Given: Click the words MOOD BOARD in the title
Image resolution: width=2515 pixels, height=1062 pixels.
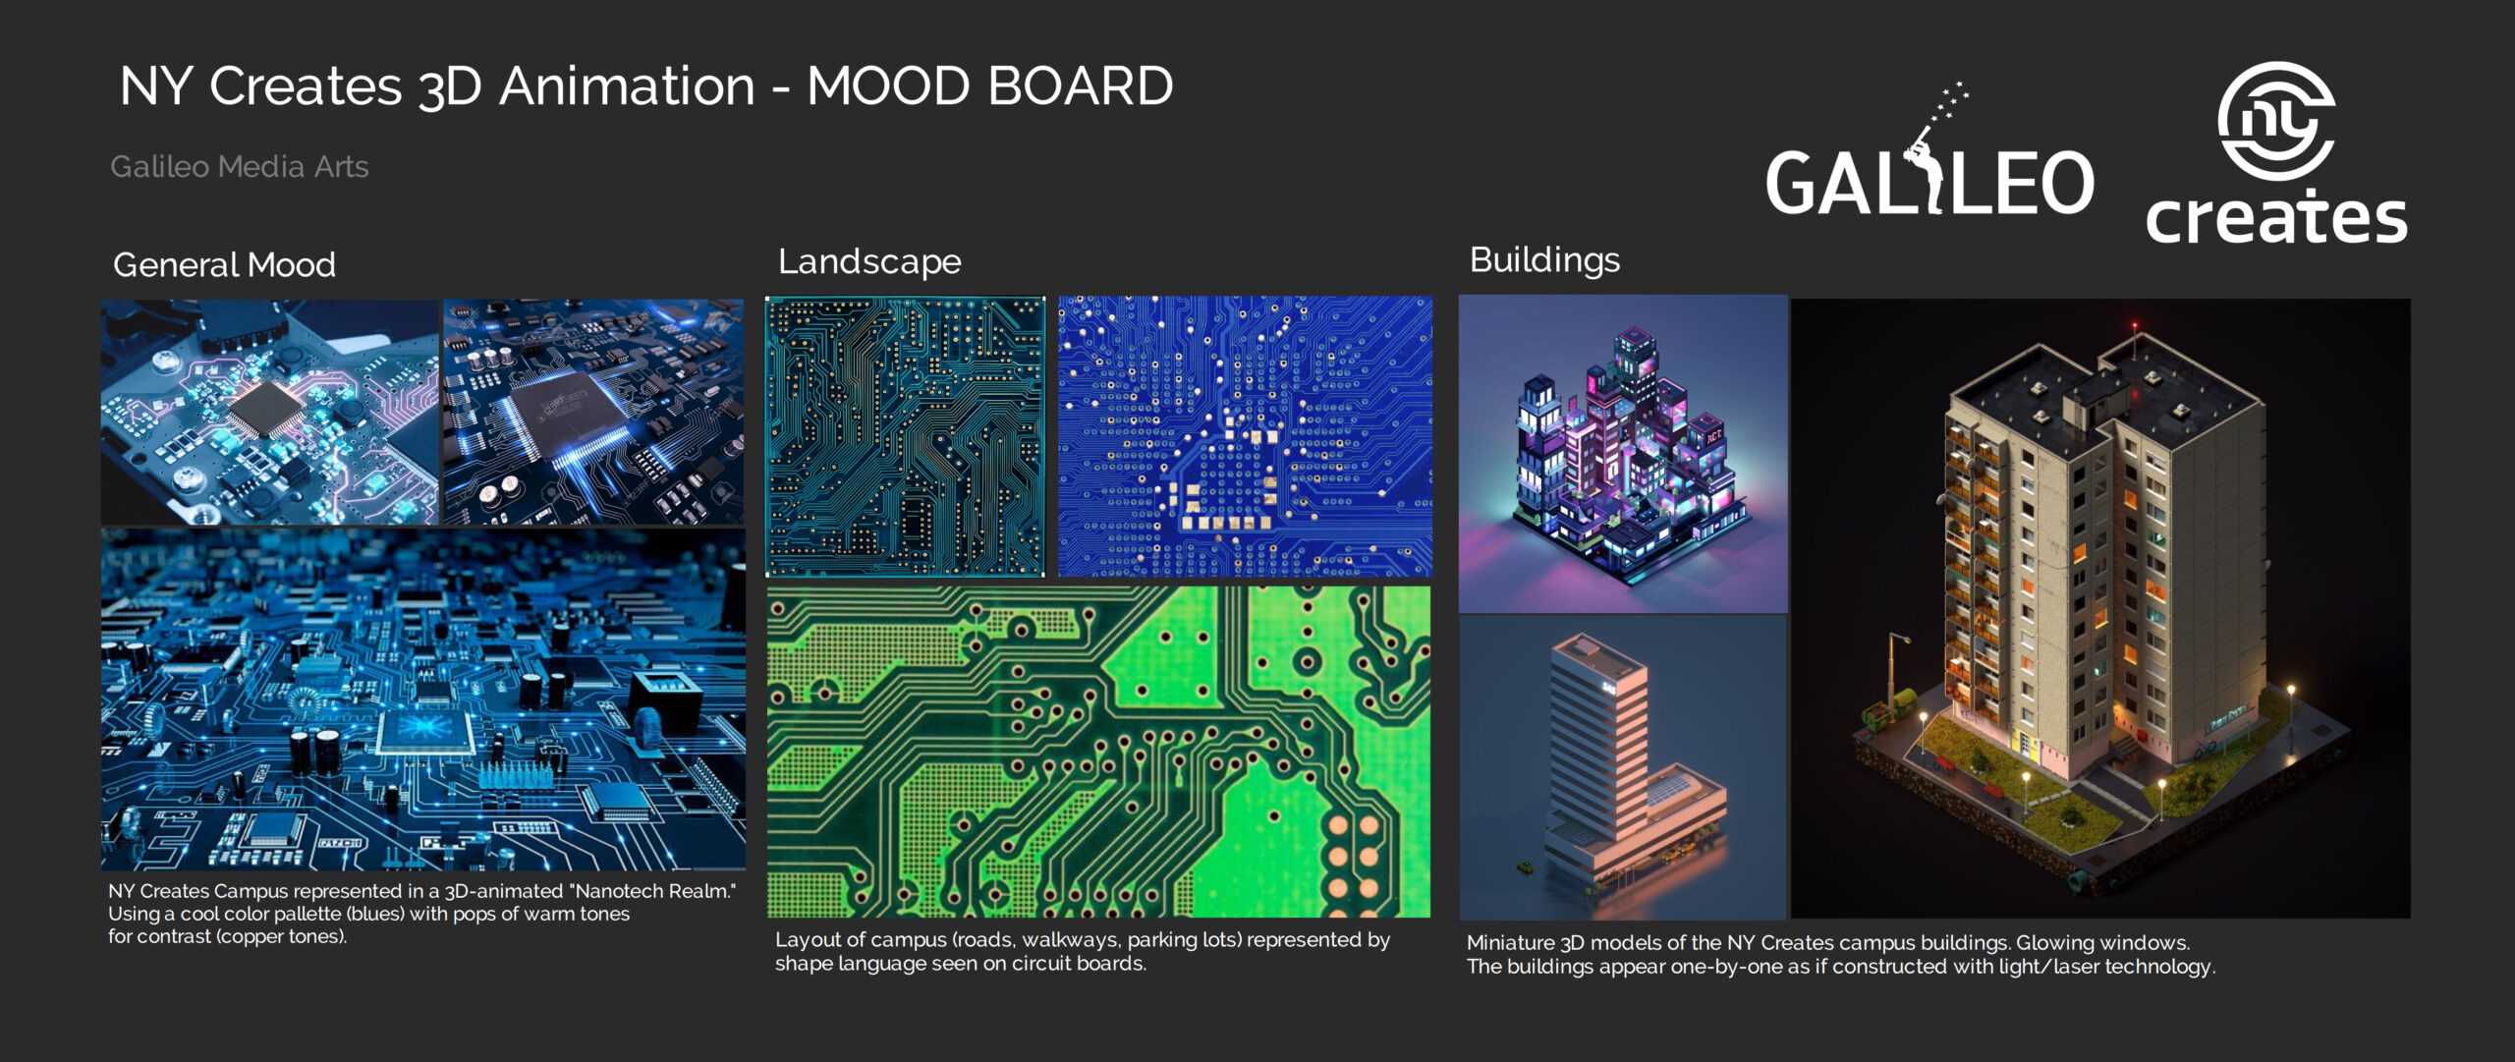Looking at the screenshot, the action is [x=989, y=85].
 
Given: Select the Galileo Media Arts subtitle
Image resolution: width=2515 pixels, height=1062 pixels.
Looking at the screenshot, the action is [x=240, y=166].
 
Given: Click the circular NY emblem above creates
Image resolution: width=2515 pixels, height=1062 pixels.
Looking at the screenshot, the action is [x=2275, y=120].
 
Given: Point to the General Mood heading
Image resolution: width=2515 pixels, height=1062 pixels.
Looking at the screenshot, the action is [x=225, y=264].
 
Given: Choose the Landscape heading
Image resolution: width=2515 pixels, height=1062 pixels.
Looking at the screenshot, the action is [x=869, y=261].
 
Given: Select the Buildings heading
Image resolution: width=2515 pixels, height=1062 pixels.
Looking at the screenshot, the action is [x=1544, y=259].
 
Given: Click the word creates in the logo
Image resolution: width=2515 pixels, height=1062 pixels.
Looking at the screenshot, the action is [x=2276, y=217].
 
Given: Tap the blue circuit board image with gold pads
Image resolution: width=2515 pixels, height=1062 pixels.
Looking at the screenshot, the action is [x=1245, y=436].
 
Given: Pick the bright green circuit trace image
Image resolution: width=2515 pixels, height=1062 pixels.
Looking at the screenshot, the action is [x=1098, y=752].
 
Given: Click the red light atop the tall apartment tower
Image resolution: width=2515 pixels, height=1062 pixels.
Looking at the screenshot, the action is [x=2134, y=325].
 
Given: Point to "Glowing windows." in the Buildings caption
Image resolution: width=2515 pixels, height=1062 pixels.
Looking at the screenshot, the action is [x=2102, y=943].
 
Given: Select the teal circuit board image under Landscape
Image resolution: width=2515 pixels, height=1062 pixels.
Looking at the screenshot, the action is [x=905, y=436].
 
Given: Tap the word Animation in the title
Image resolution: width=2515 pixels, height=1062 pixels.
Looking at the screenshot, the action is [x=627, y=85].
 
